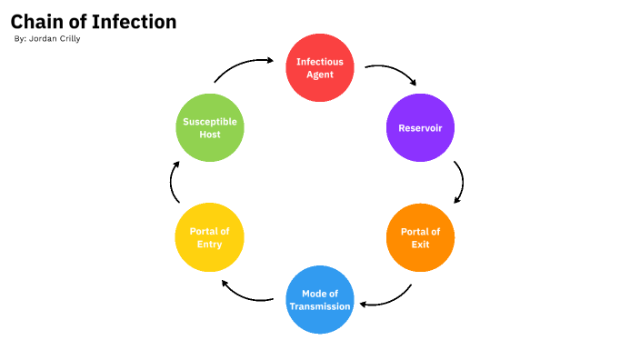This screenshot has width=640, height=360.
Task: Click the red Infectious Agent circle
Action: [x=320, y=67]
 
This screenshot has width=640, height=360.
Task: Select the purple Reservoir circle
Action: [x=420, y=128]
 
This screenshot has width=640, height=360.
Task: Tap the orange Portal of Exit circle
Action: [x=420, y=237]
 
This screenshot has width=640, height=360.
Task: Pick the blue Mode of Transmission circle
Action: [x=320, y=299]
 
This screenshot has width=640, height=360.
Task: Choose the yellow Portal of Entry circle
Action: [x=209, y=237]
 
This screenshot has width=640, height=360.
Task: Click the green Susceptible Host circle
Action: [x=209, y=128]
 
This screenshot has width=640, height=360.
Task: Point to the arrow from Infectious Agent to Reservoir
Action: [x=393, y=72]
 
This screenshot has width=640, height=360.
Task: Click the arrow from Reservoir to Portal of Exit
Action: [x=460, y=183]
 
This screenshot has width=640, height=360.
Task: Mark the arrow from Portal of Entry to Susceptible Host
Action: [x=173, y=183]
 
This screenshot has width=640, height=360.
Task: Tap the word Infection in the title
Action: [x=134, y=22]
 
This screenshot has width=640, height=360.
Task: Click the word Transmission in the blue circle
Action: [x=320, y=306]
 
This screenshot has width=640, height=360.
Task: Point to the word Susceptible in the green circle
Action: [x=209, y=122]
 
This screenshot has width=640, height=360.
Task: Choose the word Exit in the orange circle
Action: [x=420, y=245]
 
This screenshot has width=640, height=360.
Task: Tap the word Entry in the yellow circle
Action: [x=209, y=245]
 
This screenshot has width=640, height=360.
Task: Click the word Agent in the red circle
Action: [x=320, y=75]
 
